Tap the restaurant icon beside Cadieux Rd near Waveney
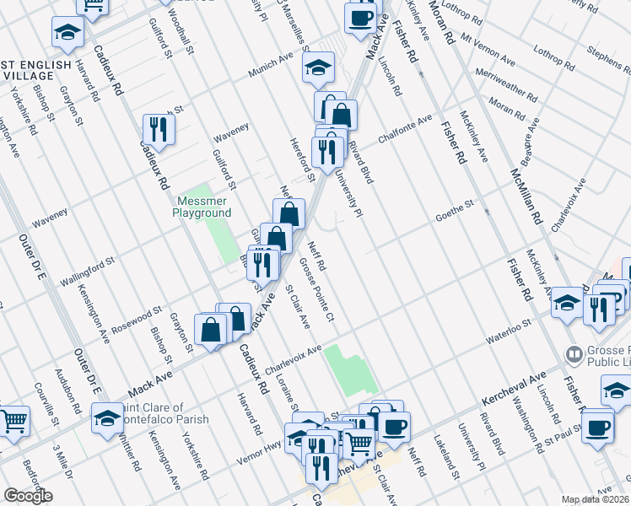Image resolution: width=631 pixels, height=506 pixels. (159, 129)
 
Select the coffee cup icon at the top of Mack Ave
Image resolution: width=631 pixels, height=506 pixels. (361, 17)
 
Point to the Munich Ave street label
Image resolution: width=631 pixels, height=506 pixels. (270, 68)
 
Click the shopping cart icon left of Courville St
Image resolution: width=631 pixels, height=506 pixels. (13, 420)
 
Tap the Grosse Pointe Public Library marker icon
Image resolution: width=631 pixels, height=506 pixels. (575, 353)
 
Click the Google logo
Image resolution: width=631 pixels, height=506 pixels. (28, 496)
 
